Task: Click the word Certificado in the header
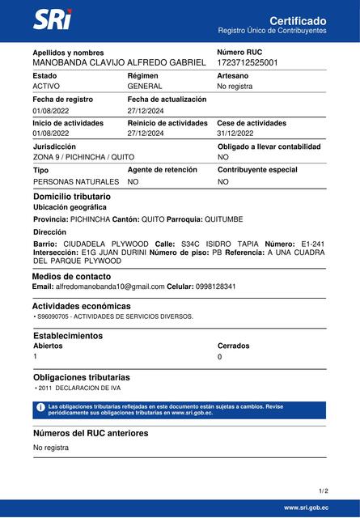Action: [298, 19]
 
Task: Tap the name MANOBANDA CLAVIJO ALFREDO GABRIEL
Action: [119, 62]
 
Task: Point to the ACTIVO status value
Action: [46, 86]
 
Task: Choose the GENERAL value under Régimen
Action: [145, 86]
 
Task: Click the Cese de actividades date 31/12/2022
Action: [235, 133]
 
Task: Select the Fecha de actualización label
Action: [167, 100]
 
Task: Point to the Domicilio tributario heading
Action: [72, 197]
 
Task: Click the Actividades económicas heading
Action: [81, 306]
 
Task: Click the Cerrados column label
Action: [233, 346]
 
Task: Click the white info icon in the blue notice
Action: [40, 409]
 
